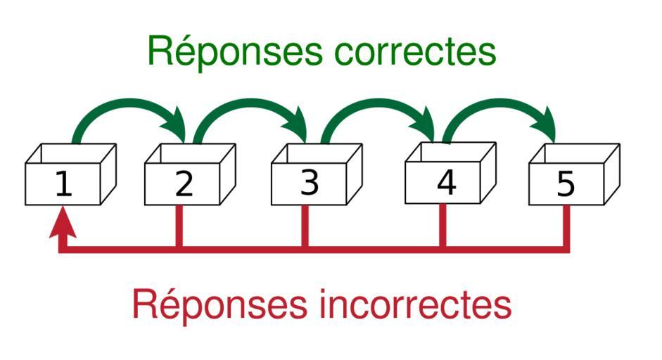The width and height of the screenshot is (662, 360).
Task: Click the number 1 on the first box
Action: pos(63,184)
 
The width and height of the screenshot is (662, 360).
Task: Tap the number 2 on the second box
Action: pos(184,184)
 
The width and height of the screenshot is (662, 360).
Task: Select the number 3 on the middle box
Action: pos(310,183)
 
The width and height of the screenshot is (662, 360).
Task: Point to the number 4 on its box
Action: pos(446,183)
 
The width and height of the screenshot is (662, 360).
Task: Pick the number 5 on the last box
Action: pos(566,184)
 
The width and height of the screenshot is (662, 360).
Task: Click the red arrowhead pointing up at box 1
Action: pos(63,224)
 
